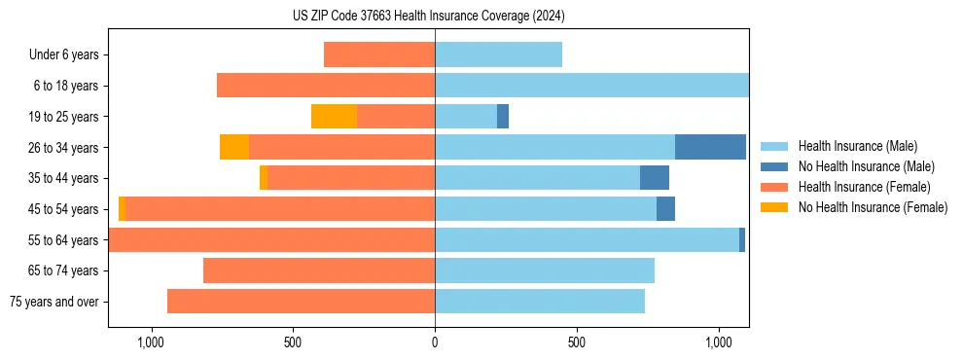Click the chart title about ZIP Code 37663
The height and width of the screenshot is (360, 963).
coord(428,17)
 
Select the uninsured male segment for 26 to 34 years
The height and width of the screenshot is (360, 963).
coord(710,147)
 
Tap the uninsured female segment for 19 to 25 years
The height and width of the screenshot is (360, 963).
coord(334,117)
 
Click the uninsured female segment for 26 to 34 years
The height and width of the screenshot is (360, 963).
coord(234,147)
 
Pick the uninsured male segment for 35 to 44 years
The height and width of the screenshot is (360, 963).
coord(655,178)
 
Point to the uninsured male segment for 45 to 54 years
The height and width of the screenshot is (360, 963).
coord(665,209)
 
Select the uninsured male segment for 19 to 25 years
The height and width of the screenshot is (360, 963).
coord(503,117)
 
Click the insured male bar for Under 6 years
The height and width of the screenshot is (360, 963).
coord(498,54)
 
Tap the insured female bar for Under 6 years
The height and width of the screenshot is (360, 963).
coord(379,54)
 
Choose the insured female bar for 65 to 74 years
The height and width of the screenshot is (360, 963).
coord(319,270)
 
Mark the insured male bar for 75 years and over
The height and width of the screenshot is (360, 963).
coord(540,302)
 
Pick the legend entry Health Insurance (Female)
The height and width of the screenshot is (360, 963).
coord(864,187)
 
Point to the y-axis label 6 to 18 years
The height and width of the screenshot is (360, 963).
coord(65,86)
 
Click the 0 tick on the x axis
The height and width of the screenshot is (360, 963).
coord(435,342)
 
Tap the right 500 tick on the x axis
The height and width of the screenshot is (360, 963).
coord(577,342)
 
